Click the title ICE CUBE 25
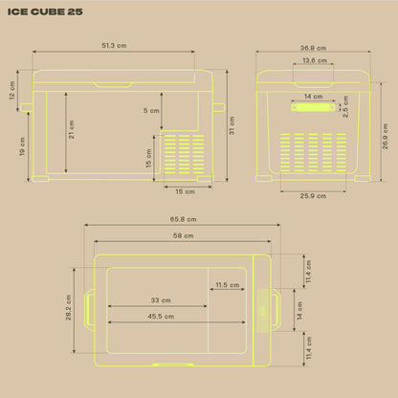[45, 11]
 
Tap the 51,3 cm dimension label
[114, 46]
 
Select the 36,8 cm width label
[313, 48]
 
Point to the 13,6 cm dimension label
[315, 60]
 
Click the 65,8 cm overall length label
[183, 219]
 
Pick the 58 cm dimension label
[183, 235]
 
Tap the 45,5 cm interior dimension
[161, 317]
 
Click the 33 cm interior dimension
[161, 300]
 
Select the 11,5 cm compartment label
[228, 285]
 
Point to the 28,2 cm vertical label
[69, 307]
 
